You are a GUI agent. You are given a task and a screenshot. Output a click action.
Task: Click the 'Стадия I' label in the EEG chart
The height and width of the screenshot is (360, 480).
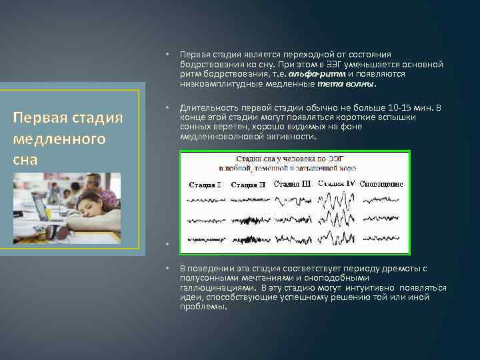point(205,185)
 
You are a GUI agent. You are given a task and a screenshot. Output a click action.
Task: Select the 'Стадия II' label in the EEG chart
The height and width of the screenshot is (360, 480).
point(248,185)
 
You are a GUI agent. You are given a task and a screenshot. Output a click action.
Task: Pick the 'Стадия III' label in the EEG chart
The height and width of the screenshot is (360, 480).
point(292,184)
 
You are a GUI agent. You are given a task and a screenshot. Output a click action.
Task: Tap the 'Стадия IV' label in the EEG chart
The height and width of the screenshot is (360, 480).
point(336,183)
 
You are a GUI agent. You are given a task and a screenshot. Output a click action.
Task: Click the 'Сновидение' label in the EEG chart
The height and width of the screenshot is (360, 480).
point(381,184)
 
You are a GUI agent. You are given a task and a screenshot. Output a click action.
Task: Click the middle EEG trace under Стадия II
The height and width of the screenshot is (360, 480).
point(248,220)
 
